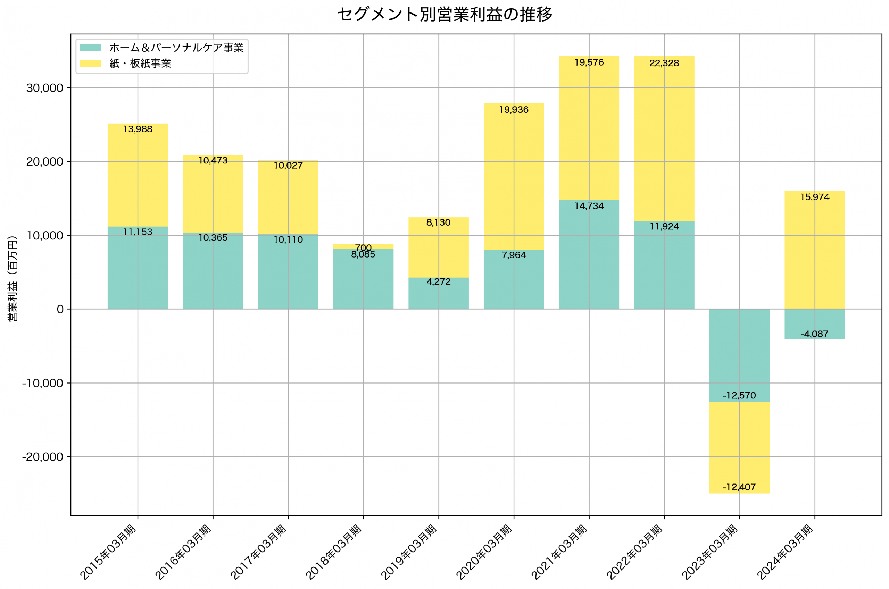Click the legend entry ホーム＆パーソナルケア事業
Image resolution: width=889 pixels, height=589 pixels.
[x=176, y=48]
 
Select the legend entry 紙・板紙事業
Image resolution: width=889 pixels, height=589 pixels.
[x=140, y=64]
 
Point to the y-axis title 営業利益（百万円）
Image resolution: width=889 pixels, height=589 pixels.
[x=13, y=278]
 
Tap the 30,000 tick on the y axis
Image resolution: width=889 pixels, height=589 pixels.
[x=44, y=88]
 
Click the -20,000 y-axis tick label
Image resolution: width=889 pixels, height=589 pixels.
[x=42, y=457]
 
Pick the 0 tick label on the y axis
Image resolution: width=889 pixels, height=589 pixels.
[x=60, y=310]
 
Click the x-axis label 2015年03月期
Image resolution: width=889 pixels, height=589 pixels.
[x=108, y=552]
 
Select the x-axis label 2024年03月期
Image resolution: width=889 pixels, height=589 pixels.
[x=785, y=552]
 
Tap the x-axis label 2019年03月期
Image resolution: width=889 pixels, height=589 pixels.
[x=409, y=552]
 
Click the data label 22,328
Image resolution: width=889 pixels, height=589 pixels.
[x=664, y=63]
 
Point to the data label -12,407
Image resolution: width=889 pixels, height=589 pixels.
[x=739, y=487]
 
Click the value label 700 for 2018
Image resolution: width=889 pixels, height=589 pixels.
[x=363, y=247]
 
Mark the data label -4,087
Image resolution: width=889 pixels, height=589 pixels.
[x=814, y=334]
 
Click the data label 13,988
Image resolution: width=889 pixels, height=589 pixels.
[x=138, y=129]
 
